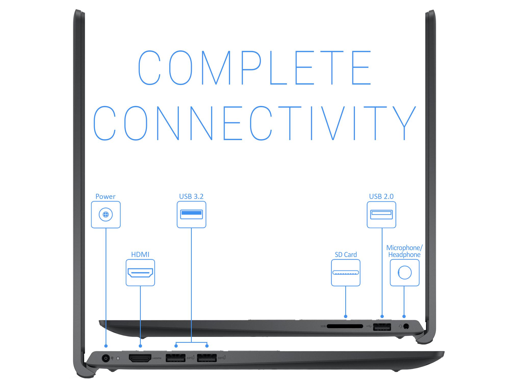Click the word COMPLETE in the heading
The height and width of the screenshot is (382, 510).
(x=254, y=67)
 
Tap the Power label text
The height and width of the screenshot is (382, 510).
(x=105, y=196)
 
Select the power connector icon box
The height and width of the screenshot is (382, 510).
(x=106, y=215)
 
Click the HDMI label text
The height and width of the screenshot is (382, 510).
(x=140, y=254)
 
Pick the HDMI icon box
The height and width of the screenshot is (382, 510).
(x=140, y=272)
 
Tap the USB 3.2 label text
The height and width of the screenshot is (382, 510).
(x=191, y=196)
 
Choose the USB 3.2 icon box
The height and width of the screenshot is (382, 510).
(x=192, y=214)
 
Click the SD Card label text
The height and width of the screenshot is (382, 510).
(x=346, y=254)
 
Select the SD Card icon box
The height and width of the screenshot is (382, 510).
(x=346, y=272)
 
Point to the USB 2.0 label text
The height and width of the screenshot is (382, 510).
(x=381, y=196)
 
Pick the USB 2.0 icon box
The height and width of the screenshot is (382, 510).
(x=381, y=214)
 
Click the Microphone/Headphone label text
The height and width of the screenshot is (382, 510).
(x=404, y=251)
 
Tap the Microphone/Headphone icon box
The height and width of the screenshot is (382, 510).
(x=405, y=272)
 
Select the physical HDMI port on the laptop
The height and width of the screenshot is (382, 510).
(x=140, y=358)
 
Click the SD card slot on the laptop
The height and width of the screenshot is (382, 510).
(x=345, y=326)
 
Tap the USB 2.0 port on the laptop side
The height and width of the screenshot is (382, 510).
(x=382, y=326)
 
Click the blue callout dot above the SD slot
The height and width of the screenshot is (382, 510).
(x=346, y=316)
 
